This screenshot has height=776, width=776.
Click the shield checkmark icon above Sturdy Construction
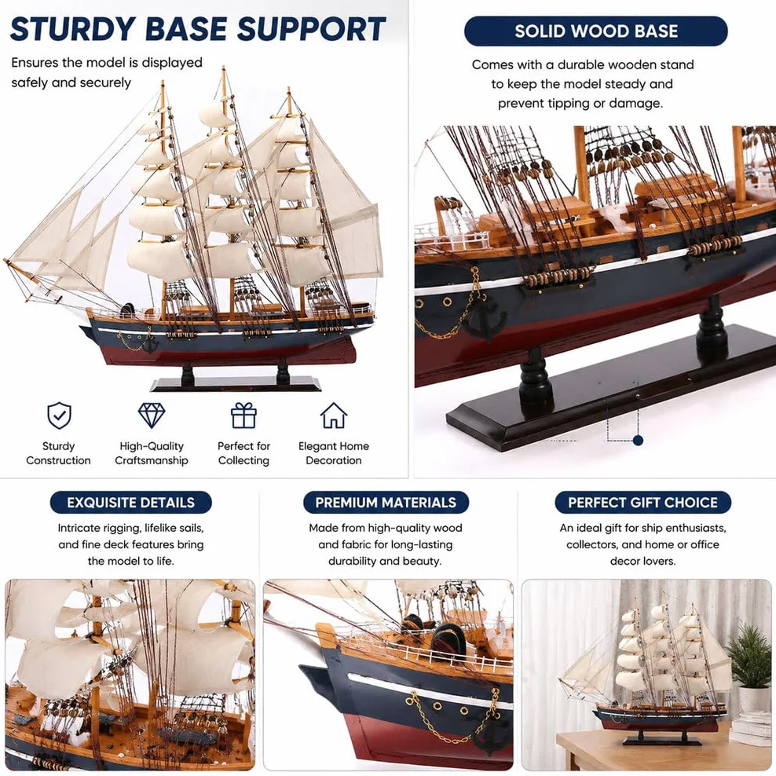point(60,415)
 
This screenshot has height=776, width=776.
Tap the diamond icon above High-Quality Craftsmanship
point(152,415)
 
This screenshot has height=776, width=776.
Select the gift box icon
point(243,415)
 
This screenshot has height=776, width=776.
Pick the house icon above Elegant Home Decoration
point(334,415)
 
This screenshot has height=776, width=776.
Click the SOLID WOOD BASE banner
point(596,31)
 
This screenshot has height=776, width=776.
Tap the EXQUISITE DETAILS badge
point(130,503)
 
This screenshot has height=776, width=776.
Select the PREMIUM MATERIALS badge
point(386,503)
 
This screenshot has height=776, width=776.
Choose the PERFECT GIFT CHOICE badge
point(642,503)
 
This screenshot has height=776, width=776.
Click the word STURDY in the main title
point(73,29)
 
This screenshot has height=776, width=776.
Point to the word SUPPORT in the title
point(311,29)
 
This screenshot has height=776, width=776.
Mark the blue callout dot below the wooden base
point(638,440)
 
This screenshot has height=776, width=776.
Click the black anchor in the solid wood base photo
point(486,320)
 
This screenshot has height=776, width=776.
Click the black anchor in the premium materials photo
point(490,738)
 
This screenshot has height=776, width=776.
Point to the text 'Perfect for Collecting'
point(243,453)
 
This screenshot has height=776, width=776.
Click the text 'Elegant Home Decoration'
point(334,453)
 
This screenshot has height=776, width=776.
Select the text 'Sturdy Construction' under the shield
point(58,453)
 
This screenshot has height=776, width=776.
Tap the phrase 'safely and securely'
point(71,82)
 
